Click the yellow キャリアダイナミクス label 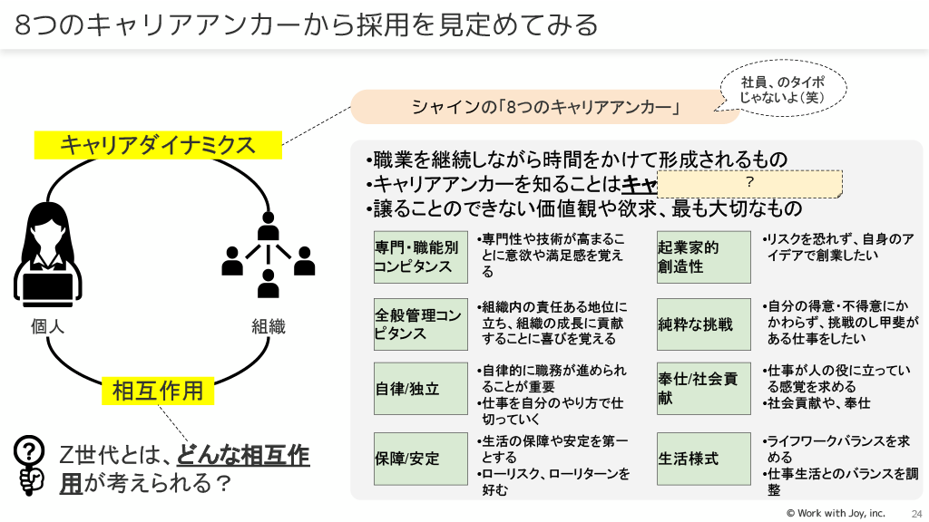pyautogui.click(x=158, y=144)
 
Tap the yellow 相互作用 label pyautogui.click(x=157, y=391)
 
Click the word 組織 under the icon pyautogui.click(x=269, y=326)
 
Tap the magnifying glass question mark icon pyautogui.click(x=30, y=464)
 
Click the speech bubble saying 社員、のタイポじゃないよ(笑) pyautogui.click(x=783, y=89)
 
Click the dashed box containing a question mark pyautogui.click(x=749, y=183)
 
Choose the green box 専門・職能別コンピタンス pyautogui.click(x=419, y=257)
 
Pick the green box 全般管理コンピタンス pyautogui.click(x=419, y=324)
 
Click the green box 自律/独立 pyautogui.click(x=419, y=389)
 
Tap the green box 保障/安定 pyautogui.click(x=419, y=459)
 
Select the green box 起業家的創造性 pyautogui.click(x=703, y=257)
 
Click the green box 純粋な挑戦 pyautogui.click(x=703, y=324)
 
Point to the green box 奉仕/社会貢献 pyautogui.click(x=703, y=389)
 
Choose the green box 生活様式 pyautogui.click(x=703, y=459)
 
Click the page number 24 pyautogui.click(x=916, y=513)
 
